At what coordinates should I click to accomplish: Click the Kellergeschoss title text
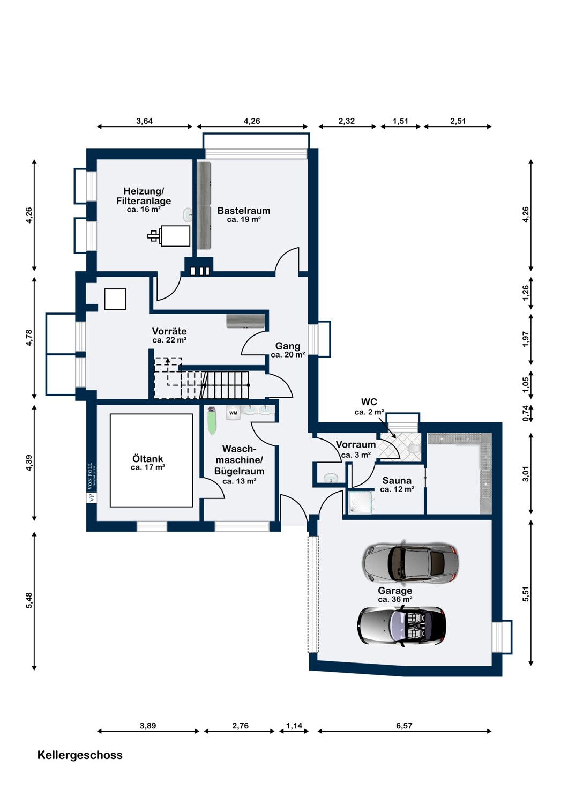[x=80, y=755]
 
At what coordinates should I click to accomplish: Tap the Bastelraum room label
[x=244, y=210]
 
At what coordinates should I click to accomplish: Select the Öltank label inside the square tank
[x=147, y=459]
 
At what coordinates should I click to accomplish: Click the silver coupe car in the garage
[x=410, y=561]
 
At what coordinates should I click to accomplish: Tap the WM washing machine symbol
[x=233, y=413]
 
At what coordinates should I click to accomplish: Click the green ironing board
[x=212, y=421]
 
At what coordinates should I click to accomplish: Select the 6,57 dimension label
[x=404, y=725]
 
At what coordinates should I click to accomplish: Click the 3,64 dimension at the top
[x=144, y=121]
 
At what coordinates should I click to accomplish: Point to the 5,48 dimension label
[x=29, y=600]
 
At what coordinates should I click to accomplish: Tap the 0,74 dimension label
[x=526, y=413]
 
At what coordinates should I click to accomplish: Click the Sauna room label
[x=397, y=480]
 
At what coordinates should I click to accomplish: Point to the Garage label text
[x=395, y=591]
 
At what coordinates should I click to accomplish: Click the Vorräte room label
[x=169, y=331]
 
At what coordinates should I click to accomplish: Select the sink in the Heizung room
[x=188, y=215]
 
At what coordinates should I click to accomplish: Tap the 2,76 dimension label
[x=241, y=725]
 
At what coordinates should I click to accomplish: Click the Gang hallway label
[x=287, y=346]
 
